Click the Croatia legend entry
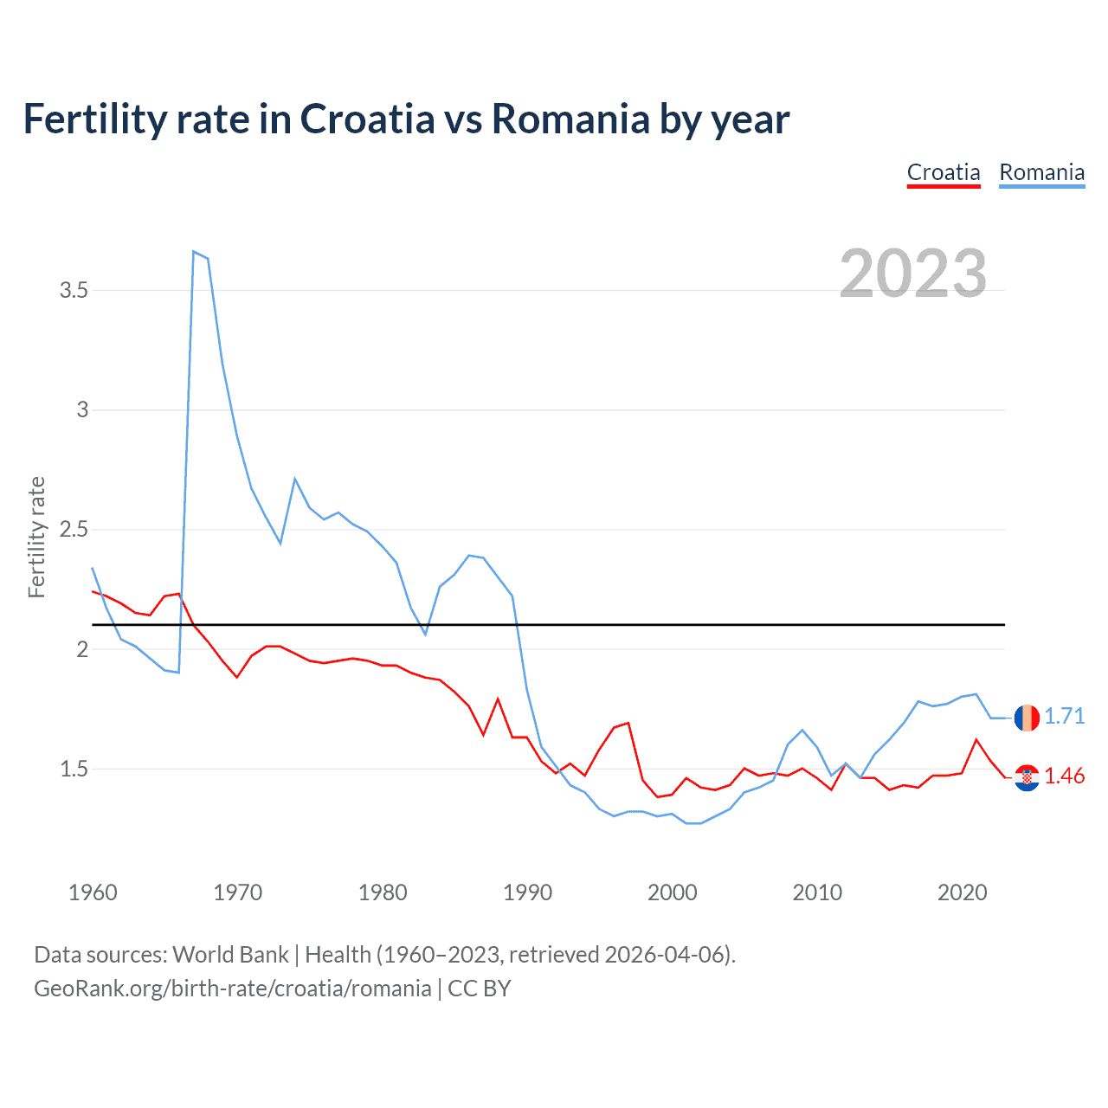944,173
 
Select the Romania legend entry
1041,173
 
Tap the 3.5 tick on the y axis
74,291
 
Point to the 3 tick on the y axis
83,410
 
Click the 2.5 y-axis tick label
74,530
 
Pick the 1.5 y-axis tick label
74,770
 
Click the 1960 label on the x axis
93,892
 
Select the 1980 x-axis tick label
383,892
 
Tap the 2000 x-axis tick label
673,892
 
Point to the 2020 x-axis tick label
962,892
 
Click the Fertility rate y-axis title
36,537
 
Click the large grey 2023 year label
913,274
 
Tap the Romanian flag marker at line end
1027,718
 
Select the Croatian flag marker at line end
1027,777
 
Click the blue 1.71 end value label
1064,717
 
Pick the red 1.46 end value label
1064,776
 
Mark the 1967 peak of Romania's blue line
194,252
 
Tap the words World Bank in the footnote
230,955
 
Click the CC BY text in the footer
480,989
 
